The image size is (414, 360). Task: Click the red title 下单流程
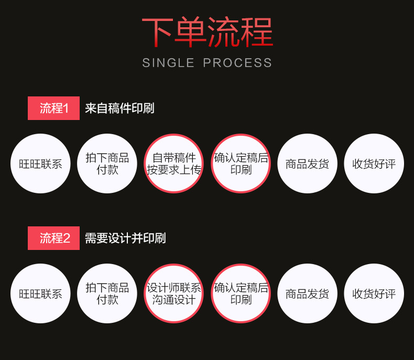pos(207,33)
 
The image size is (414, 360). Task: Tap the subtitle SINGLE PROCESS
pos(207,63)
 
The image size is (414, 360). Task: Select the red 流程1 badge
pos(54,108)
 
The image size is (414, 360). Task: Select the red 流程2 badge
pos(54,238)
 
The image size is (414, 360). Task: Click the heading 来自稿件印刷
pos(119,108)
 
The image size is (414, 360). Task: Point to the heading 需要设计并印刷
pos(125,238)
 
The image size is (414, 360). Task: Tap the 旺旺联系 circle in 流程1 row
pos(40,163)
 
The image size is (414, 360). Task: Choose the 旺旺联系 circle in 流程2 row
pos(40,293)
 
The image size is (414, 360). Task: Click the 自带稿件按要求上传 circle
pos(174,163)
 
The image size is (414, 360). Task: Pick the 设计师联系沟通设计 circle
pos(174,293)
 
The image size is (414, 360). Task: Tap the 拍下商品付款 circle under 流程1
pos(107,163)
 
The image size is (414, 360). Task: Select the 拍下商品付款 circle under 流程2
pos(107,293)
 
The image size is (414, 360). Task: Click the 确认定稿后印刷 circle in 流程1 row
pos(241,163)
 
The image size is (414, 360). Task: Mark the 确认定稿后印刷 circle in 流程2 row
pos(241,293)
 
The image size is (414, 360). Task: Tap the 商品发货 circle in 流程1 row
pos(307,163)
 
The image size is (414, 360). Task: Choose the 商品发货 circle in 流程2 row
pos(307,293)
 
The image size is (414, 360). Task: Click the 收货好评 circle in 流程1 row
pos(374,163)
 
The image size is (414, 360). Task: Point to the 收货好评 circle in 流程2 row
pos(374,293)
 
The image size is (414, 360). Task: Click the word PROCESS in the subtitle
pos(237,63)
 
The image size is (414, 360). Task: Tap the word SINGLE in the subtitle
pos(168,63)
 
